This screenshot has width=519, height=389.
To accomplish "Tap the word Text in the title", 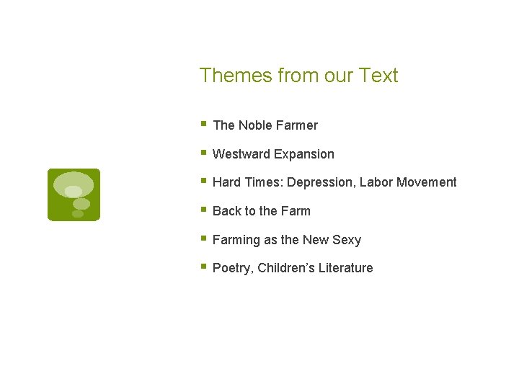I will pyautogui.click(x=379, y=76).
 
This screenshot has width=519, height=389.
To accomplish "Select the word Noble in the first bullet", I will pyautogui.click(x=255, y=125).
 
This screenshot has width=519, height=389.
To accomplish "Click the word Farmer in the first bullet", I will pyautogui.click(x=297, y=125).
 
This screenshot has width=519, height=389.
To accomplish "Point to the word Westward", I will pyautogui.click(x=241, y=154).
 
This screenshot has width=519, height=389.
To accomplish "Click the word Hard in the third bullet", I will pyautogui.click(x=227, y=182).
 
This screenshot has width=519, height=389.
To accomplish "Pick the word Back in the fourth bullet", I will pyautogui.click(x=227, y=211).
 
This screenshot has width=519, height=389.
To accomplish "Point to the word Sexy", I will pyautogui.click(x=347, y=240).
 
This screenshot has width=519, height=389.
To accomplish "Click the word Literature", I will pyautogui.click(x=346, y=268).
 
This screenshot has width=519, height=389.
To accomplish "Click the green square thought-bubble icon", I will pyautogui.click(x=74, y=194).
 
